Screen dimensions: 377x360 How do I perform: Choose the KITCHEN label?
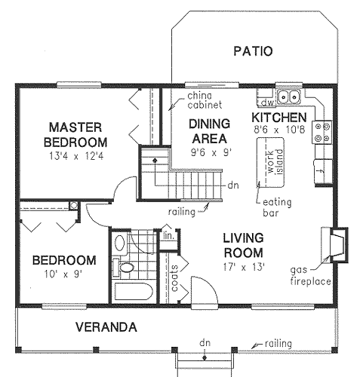pyautogui.click(x=278, y=118)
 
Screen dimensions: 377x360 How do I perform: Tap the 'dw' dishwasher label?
pyautogui.click(x=266, y=100)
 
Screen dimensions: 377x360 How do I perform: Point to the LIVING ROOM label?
pyautogui.click(x=242, y=244)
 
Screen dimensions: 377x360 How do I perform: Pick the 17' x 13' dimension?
pyautogui.click(x=243, y=265)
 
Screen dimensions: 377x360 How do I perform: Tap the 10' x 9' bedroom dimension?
pyautogui.click(x=63, y=274)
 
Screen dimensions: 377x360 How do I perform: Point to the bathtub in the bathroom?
pyautogui.click(x=131, y=293)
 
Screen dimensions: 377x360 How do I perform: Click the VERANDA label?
pyautogui.click(x=105, y=327)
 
